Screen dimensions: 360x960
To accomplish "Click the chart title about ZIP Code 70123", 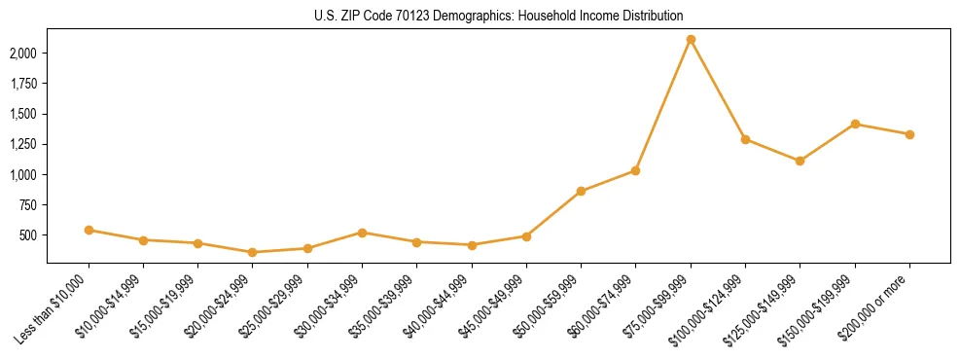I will pos(498,16).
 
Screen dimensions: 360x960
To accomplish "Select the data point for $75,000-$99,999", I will pos(691,40).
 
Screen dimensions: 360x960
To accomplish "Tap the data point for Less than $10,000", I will pos(89,231).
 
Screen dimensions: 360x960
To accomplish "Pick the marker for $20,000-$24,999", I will pos(253,252).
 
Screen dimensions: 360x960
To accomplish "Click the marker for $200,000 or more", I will pos(909,134).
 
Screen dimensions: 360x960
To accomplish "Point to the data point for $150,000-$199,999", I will pos(855,124).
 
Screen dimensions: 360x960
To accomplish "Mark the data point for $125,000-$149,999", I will pos(800,161).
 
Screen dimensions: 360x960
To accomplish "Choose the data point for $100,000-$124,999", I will pos(745,139).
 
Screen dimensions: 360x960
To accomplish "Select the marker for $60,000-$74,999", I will pos(635,170).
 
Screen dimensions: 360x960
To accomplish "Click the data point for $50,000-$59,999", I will pos(581,191).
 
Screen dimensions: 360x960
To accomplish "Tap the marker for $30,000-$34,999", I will pos(362,233).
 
